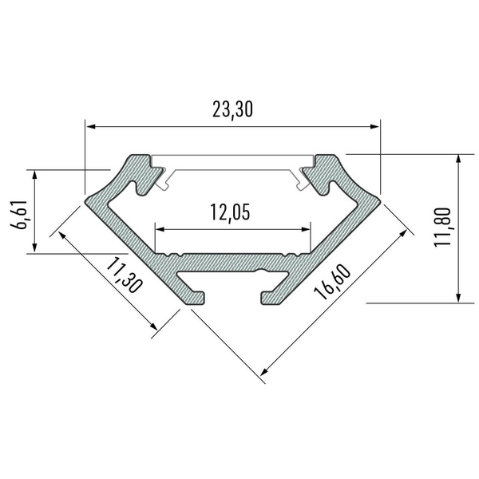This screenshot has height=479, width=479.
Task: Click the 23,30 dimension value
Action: (232, 110)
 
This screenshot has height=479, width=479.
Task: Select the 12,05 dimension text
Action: (231, 212)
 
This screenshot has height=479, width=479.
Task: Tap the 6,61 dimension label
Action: (18, 213)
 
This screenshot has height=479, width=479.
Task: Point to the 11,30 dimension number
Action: (121, 275)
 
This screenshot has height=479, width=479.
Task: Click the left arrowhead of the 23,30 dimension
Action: (90, 126)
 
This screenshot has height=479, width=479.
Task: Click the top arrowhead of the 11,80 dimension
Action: (458, 159)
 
